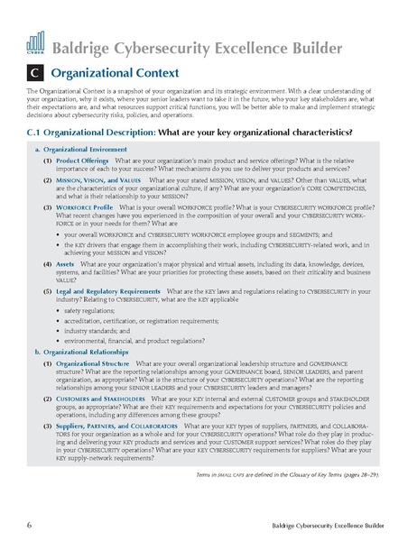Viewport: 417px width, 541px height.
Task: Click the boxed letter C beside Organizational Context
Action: [36, 70]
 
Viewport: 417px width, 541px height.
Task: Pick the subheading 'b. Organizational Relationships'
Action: [87, 363]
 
